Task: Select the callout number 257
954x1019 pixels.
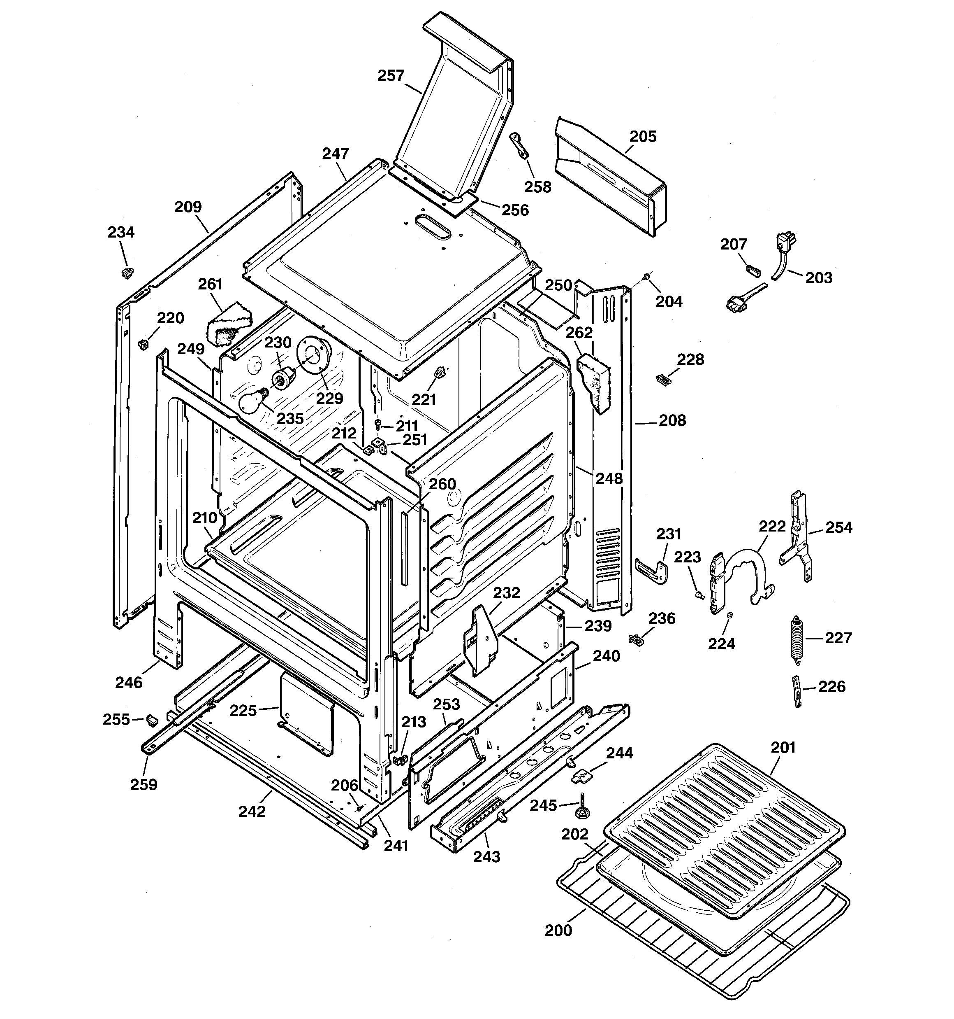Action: click(391, 76)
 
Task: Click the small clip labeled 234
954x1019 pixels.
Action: click(127, 272)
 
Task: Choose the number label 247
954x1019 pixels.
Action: click(336, 153)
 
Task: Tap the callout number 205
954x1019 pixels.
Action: click(642, 136)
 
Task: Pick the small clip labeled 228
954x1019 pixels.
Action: click(663, 379)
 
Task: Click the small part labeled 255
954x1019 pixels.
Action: click(151, 720)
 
